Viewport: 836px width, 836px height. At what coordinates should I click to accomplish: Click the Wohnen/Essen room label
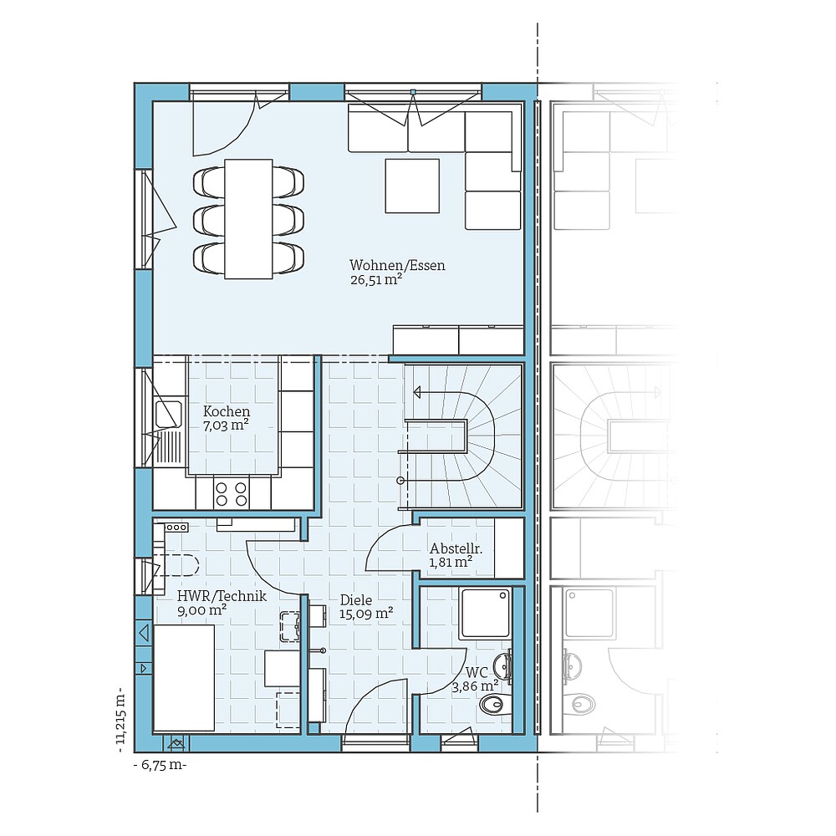click(397, 266)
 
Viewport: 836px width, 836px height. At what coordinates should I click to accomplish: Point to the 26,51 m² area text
click(376, 281)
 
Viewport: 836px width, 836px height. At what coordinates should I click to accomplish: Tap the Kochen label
click(227, 411)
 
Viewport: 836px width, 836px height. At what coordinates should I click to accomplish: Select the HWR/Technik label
click(222, 596)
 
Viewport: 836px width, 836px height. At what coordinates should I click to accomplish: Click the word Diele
click(356, 599)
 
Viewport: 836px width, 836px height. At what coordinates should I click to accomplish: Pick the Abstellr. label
click(456, 548)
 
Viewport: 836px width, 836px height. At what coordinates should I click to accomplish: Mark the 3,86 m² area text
click(475, 686)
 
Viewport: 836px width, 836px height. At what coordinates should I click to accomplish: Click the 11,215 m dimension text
click(122, 716)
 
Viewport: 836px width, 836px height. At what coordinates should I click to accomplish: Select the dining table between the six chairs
click(248, 219)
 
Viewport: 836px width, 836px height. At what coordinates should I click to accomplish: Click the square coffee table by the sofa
click(412, 186)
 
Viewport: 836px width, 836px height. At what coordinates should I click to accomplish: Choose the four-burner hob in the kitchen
click(232, 494)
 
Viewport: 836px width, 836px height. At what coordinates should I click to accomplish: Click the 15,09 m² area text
click(366, 614)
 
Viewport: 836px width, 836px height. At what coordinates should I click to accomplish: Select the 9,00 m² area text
click(201, 610)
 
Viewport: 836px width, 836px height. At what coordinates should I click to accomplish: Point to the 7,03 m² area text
click(226, 426)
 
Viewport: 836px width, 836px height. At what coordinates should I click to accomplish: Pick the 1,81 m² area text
click(451, 563)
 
